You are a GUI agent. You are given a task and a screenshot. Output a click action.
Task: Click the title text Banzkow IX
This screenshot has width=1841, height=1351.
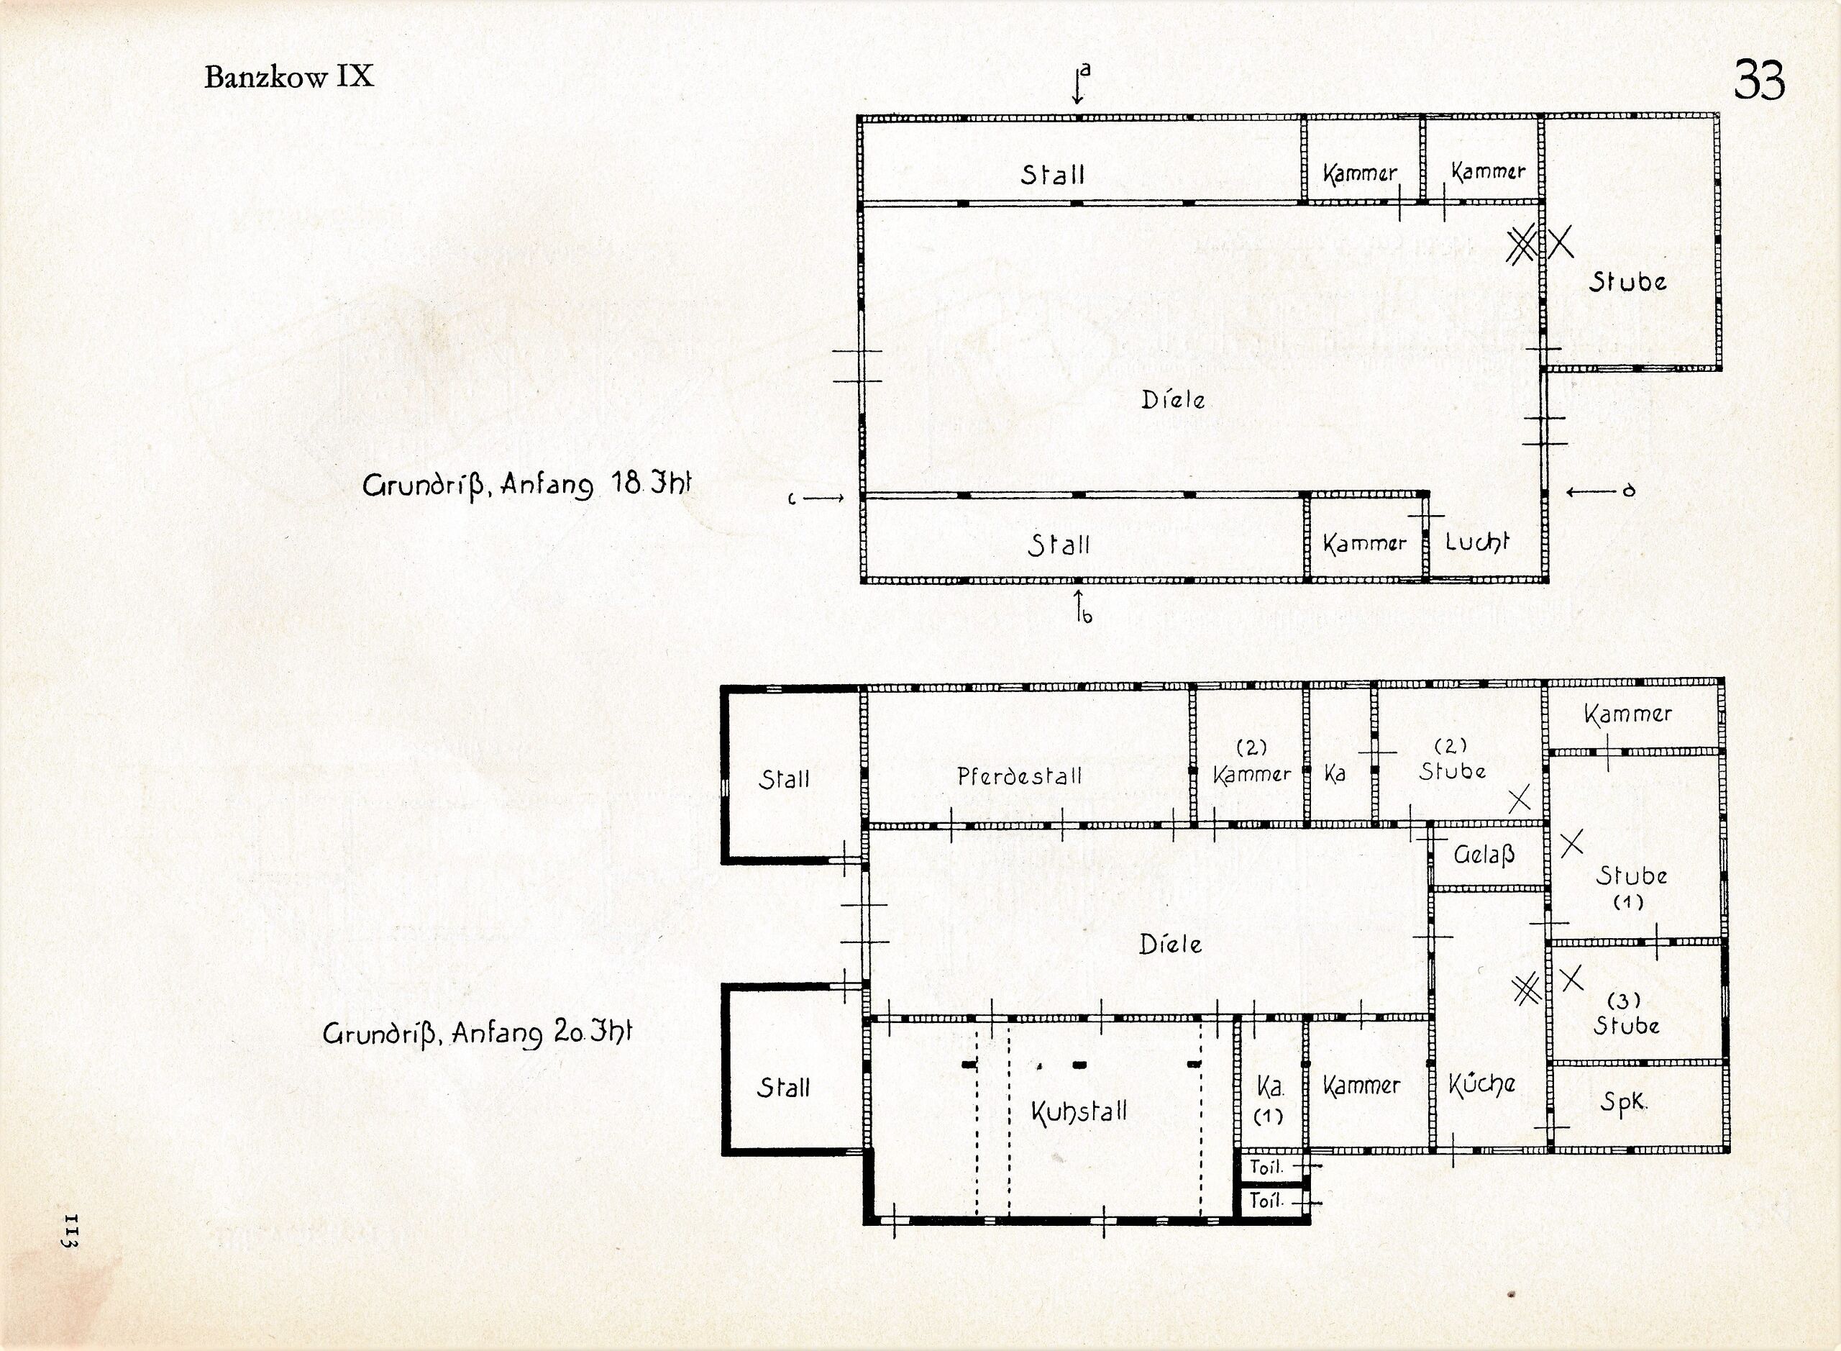(x=288, y=77)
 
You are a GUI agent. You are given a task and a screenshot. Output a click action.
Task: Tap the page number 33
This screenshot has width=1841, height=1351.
(x=1758, y=79)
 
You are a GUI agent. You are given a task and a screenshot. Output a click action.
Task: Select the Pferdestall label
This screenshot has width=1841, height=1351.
(x=1020, y=775)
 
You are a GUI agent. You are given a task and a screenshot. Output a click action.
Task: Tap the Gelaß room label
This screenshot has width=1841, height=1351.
(x=1484, y=855)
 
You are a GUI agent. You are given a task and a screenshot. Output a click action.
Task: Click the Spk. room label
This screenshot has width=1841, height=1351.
(x=1624, y=1102)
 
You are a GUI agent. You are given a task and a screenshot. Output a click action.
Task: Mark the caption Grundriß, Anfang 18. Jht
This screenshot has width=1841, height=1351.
(x=526, y=485)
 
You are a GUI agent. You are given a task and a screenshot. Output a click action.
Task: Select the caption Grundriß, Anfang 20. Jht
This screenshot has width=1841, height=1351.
(x=478, y=1033)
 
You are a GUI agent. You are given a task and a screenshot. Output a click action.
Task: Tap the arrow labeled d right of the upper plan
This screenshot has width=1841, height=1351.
(x=1591, y=491)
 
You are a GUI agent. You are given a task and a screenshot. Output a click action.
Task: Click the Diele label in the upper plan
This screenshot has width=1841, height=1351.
(x=1173, y=399)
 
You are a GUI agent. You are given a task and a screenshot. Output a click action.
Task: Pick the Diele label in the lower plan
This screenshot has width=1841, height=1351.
(x=1171, y=945)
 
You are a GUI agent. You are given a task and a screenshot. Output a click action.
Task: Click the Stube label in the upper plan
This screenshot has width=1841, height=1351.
(x=1627, y=281)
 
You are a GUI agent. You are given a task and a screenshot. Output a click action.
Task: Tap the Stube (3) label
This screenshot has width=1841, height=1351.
(x=1625, y=1014)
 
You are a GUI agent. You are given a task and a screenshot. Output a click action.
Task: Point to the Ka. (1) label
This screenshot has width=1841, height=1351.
(x=1269, y=1100)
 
